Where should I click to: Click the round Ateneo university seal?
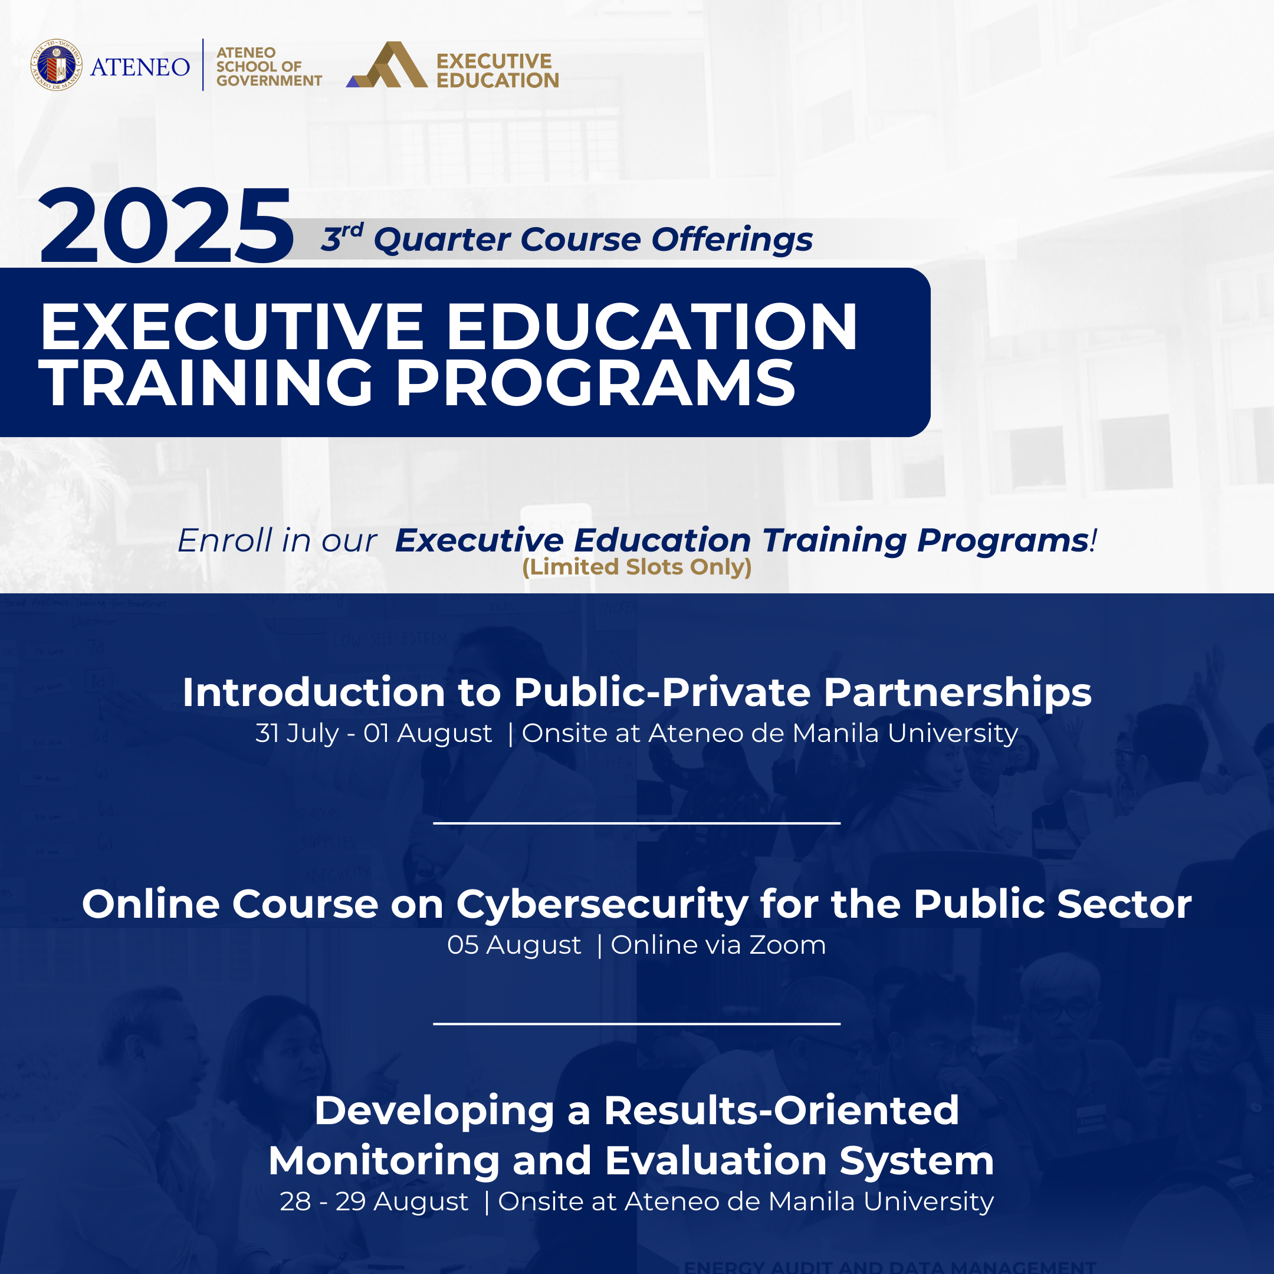coord(57,65)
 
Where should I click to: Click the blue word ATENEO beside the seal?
coord(140,67)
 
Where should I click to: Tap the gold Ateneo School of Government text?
coord(269,67)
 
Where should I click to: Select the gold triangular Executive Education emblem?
coord(387,65)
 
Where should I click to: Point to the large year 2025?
coord(166,225)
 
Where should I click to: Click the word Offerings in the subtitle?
coord(732,239)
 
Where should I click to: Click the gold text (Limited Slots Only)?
coord(637,566)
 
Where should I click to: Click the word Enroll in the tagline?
coord(225,541)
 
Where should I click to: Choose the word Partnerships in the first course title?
coord(957,694)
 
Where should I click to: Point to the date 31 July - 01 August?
coord(374,733)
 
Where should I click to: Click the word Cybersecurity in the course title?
coord(602,905)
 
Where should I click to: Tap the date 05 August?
coord(514,945)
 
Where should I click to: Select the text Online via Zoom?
coord(718,945)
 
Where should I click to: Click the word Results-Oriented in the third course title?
coord(782,1111)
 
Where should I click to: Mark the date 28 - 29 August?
coord(374,1201)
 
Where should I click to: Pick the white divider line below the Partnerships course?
coord(637,823)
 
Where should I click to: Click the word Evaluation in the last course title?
coord(716,1161)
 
